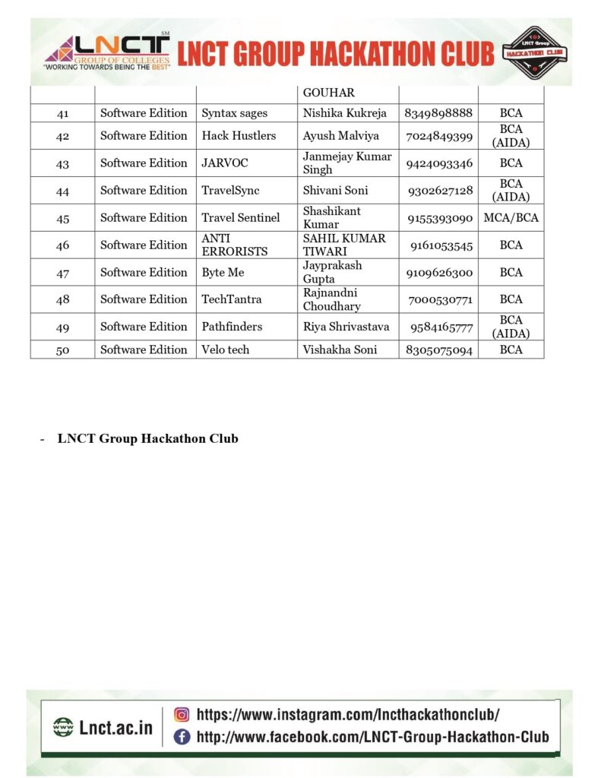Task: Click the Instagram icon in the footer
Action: pos(182,714)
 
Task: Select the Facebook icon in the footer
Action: pos(182,736)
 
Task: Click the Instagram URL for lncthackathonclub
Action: pos(348,714)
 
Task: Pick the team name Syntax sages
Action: pos(234,113)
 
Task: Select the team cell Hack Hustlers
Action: pos(239,136)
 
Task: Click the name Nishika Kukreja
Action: pos(345,113)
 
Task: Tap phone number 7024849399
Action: pos(439,136)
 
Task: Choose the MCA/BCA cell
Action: pos(511,217)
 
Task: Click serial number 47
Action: pos(63,272)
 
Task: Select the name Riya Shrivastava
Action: pos(346,327)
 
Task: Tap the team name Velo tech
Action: pos(225,349)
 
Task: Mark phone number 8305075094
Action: pos(439,349)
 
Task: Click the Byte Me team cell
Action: pos(223,272)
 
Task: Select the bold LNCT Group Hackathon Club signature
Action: pos(147,438)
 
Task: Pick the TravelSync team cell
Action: pos(230,191)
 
